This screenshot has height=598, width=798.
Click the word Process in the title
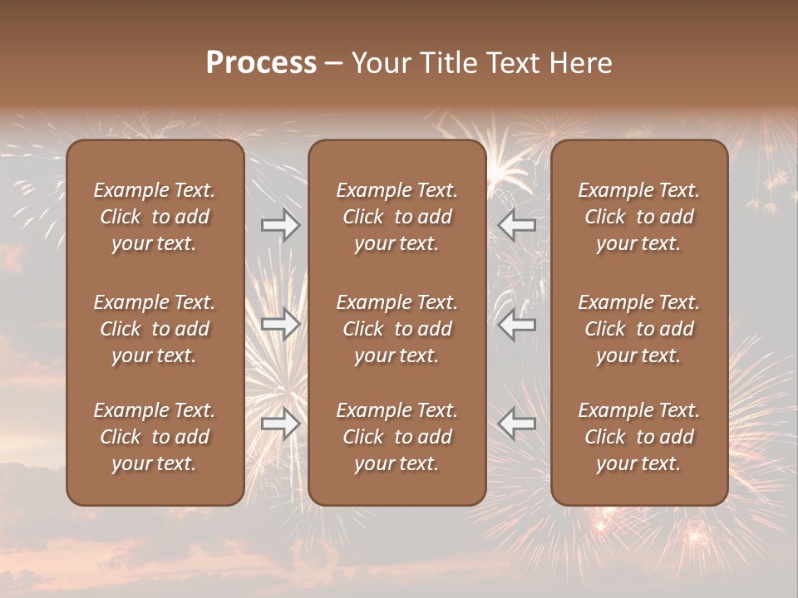(x=261, y=63)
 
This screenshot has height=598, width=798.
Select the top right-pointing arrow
(x=281, y=225)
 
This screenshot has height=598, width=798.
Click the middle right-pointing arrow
(x=281, y=324)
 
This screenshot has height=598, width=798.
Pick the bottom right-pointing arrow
(x=281, y=424)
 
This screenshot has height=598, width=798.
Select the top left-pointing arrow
(x=516, y=225)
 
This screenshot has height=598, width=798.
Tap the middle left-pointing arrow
(x=516, y=324)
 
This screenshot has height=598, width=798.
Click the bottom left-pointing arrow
(x=516, y=424)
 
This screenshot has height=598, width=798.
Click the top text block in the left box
(x=155, y=217)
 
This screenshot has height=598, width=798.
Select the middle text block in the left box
(x=155, y=329)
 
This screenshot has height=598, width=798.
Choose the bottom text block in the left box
(x=155, y=437)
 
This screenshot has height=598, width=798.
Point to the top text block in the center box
(x=397, y=217)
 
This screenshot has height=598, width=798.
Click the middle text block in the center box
(x=397, y=329)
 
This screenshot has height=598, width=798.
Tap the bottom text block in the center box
(x=397, y=437)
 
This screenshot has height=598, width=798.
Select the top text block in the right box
(x=639, y=217)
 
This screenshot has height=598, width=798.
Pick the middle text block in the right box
(x=639, y=329)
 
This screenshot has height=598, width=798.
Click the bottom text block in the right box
(x=639, y=437)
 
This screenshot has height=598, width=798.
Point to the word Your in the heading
(x=380, y=63)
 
